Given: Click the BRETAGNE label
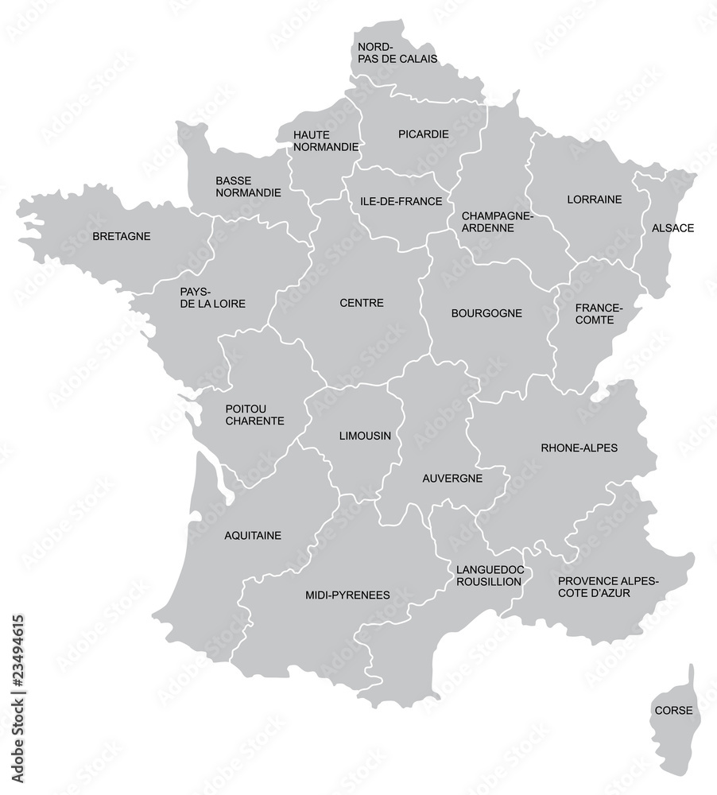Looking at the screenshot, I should pyautogui.click(x=122, y=236).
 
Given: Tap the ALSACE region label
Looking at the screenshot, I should pyautogui.click(x=672, y=228).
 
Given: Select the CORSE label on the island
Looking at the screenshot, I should pyautogui.click(x=672, y=710).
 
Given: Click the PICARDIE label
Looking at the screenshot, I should pyautogui.click(x=423, y=134).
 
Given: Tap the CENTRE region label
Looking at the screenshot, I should pyautogui.click(x=362, y=303).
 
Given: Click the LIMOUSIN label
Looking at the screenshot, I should pyautogui.click(x=365, y=436).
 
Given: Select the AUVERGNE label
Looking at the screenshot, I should pyautogui.click(x=452, y=479).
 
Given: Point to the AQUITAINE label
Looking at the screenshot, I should pyautogui.click(x=253, y=536).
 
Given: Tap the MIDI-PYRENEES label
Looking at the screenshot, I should pyautogui.click(x=347, y=595).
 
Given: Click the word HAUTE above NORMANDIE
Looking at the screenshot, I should pyautogui.click(x=312, y=134).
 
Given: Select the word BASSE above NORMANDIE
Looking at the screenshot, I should pyautogui.click(x=234, y=180).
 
